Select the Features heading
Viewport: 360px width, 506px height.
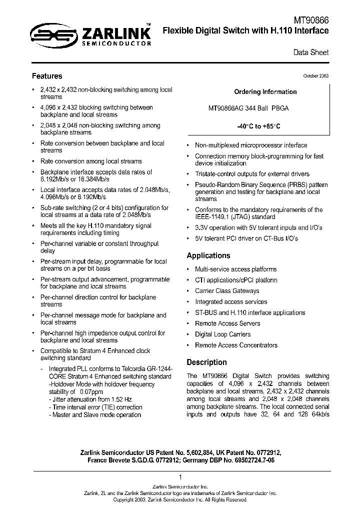click(47, 76)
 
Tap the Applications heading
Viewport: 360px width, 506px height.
click(208, 255)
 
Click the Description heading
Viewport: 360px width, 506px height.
click(206, 362)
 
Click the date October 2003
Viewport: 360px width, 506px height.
click(315, 76)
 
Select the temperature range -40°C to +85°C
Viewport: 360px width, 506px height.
click(258, 126)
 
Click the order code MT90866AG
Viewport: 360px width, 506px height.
click(226, 108)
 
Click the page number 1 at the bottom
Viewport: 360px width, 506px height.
click(180, 477)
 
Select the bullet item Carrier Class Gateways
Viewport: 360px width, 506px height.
click(227, 291)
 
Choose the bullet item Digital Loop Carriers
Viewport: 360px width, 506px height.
click(222, 334)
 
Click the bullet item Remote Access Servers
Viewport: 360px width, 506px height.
click(227, 323)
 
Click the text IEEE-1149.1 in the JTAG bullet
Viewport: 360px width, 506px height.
click(211, 217)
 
